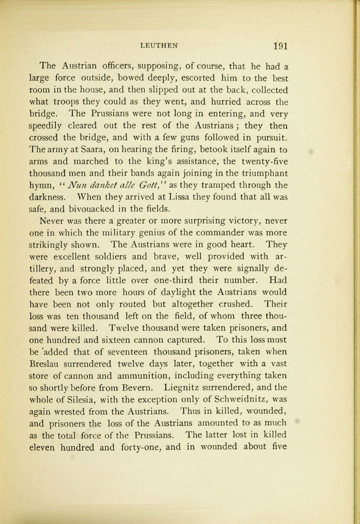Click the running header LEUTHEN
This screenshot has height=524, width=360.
tap(159, 46)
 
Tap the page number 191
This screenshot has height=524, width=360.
tap(280, 46)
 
